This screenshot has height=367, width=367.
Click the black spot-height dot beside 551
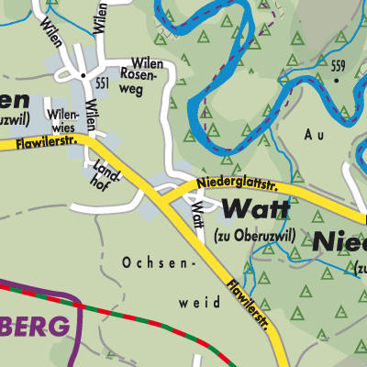coord(83,74)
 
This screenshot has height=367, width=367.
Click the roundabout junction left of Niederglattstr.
coord(168,190)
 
